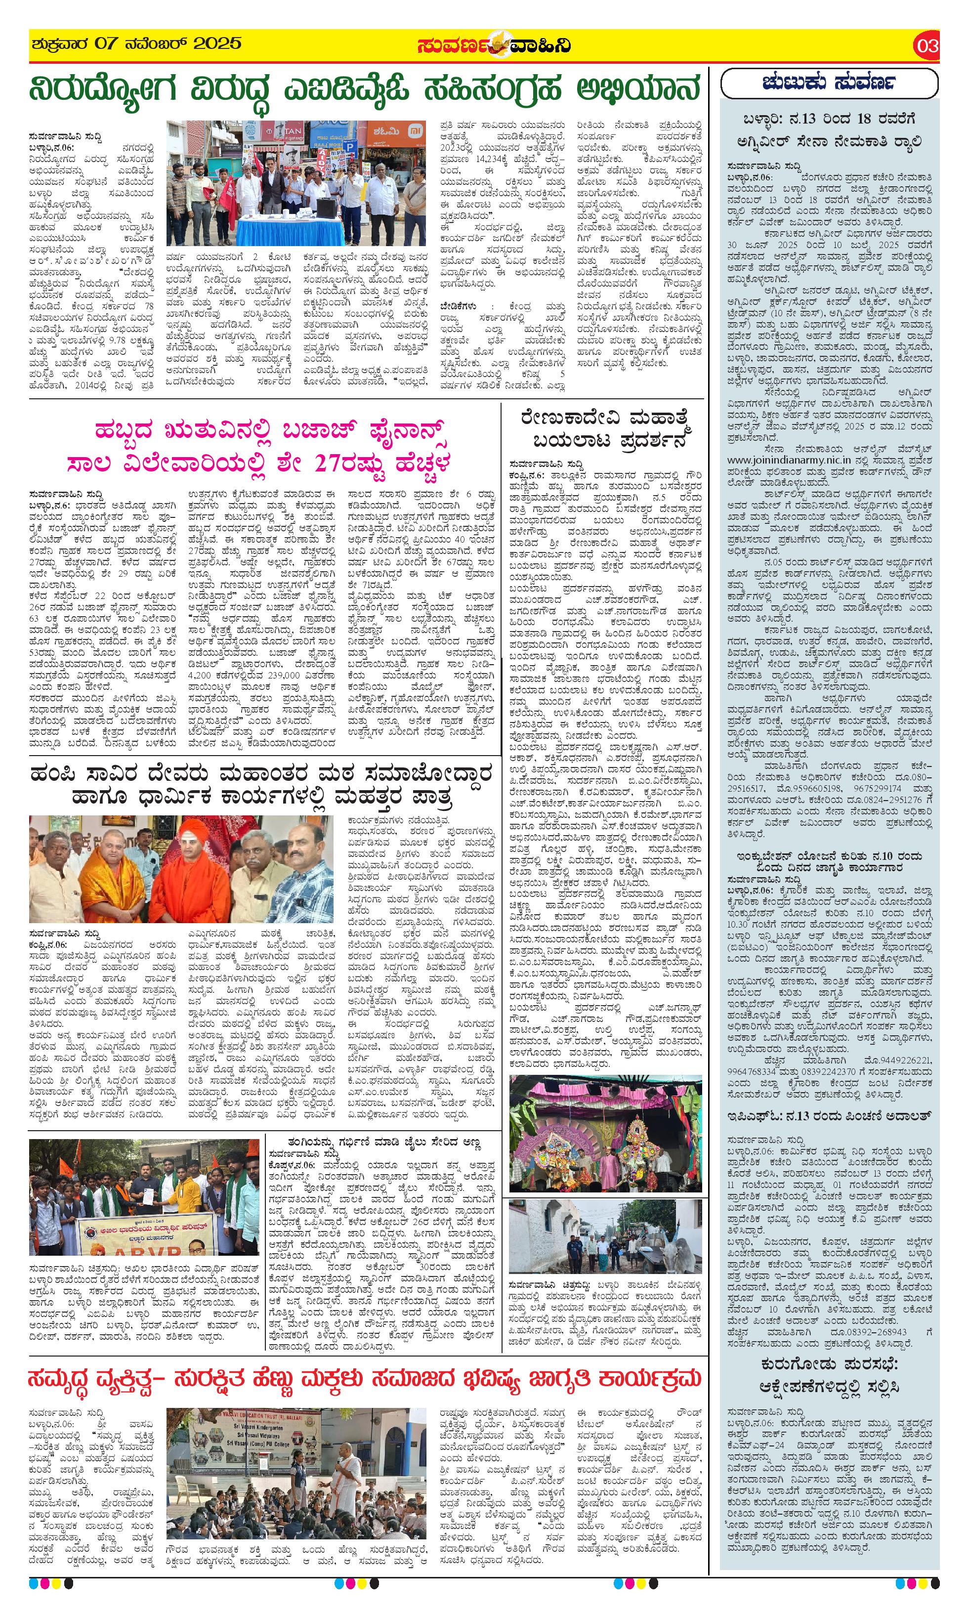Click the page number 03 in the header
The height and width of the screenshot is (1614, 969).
pyautogui.click(x=927, y=45)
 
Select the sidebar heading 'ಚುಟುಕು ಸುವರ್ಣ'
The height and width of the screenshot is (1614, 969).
pyautogui.click(x=829, y=84)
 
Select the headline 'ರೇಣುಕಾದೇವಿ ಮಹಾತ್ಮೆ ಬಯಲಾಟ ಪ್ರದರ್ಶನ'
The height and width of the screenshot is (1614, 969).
pyautogui.click(x=605, y=427)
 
